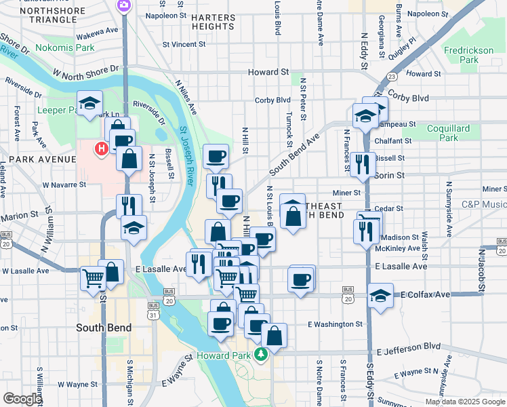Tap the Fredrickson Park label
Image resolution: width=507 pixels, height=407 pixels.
461,55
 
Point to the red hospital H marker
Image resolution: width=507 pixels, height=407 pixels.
102,148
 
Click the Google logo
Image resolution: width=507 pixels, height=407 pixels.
23,399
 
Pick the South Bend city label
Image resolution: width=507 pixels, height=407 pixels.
104,328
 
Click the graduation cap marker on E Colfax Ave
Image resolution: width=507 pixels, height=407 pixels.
380,296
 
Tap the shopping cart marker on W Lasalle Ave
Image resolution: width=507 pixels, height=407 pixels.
93,277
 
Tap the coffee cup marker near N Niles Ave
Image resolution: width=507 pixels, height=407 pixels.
216,156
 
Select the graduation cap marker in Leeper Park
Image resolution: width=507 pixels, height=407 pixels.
89,104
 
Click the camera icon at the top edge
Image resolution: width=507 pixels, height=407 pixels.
124,5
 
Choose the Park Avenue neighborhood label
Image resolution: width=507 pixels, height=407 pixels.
38,159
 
